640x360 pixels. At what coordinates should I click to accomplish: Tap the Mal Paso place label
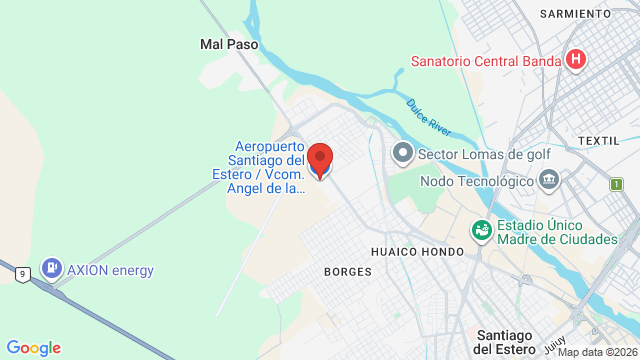pos(229,44)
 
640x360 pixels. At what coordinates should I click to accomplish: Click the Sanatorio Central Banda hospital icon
pos(575,60)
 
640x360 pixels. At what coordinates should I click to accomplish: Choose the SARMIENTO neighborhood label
pos(575,13)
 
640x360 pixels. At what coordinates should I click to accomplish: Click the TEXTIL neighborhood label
pos(599,141)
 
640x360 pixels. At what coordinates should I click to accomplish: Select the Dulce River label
pos(429,116)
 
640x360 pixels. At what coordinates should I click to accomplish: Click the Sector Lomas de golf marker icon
pos(402,154)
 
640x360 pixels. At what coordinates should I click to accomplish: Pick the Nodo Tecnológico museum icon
pos(548,181)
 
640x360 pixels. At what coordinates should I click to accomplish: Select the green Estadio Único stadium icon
pos(481,230)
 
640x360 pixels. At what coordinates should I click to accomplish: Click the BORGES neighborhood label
pos(348,271)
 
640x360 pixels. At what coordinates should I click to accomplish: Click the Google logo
pos(33,347)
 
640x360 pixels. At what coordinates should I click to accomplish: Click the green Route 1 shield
pos(616,184)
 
